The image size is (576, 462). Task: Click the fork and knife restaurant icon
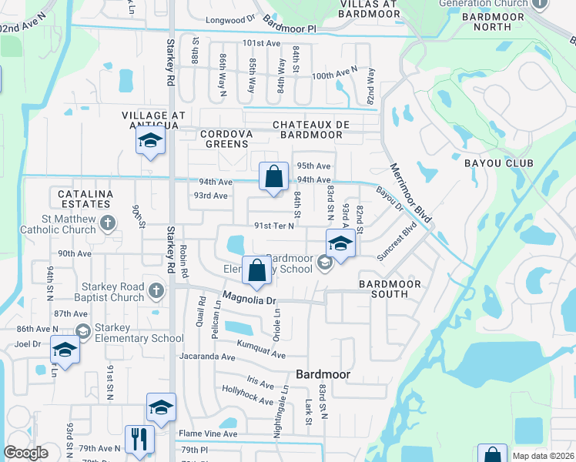139,440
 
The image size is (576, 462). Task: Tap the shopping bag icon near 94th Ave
273,176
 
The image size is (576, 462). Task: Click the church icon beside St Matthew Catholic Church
108,223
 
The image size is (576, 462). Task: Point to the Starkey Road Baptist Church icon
156,291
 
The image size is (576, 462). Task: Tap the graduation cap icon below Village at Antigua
150,141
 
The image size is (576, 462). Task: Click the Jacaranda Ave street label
206,357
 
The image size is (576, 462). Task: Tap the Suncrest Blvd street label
397,241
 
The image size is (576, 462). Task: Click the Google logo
26,453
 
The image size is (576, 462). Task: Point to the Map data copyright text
542,456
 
